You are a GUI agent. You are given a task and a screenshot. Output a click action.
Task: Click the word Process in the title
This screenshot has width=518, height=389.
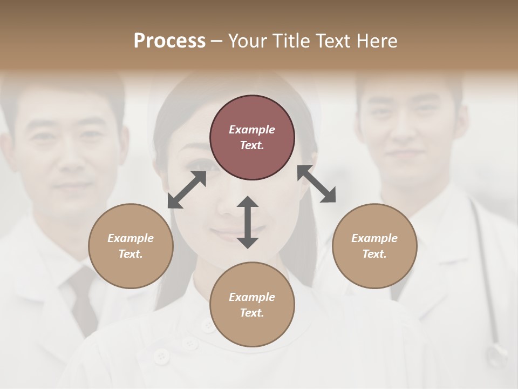[x=169, y=41]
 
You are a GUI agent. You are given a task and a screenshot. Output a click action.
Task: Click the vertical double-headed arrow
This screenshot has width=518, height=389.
[x=248, y=222]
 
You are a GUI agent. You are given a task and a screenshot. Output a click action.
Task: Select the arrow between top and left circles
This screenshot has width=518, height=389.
[x=187, y=190]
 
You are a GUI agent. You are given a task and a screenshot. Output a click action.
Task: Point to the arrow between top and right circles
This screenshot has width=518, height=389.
[x=317, y=184]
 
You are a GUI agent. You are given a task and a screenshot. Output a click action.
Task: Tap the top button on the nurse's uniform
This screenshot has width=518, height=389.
[x=208, y=325]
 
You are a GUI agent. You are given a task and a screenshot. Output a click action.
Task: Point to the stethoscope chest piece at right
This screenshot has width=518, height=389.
[x=495, y=356]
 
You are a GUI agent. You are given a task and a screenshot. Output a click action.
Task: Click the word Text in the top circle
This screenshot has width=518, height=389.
[x=251, y=145]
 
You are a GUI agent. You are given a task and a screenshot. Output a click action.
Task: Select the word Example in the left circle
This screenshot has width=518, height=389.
[x=131, y=238]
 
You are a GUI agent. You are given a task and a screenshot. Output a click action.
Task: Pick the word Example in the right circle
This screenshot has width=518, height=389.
[x=374, y=238]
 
